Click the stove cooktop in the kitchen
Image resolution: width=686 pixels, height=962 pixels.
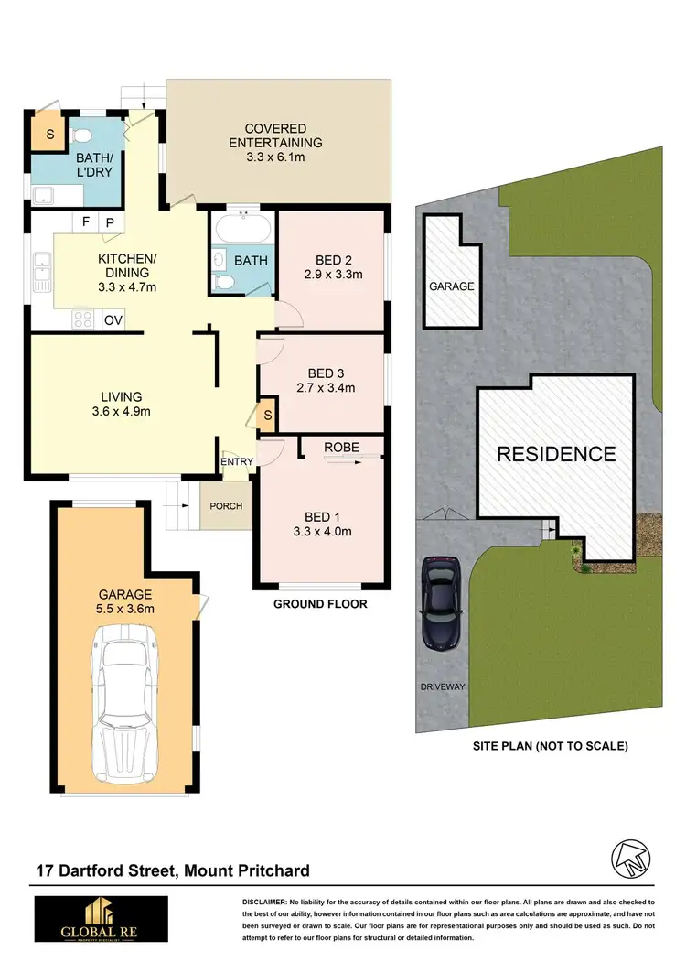point(84,319)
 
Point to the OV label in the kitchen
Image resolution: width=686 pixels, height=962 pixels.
point(113,319)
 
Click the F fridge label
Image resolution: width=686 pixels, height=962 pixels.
point(86,222)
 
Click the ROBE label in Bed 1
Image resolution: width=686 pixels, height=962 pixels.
point(341,448)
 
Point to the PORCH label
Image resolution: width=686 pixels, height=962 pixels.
point(226,505)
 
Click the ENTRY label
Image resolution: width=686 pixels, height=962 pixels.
point(237,462)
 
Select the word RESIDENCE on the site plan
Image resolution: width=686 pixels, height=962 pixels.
point(556,453)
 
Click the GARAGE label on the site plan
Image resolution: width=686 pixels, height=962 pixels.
point(452,286)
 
